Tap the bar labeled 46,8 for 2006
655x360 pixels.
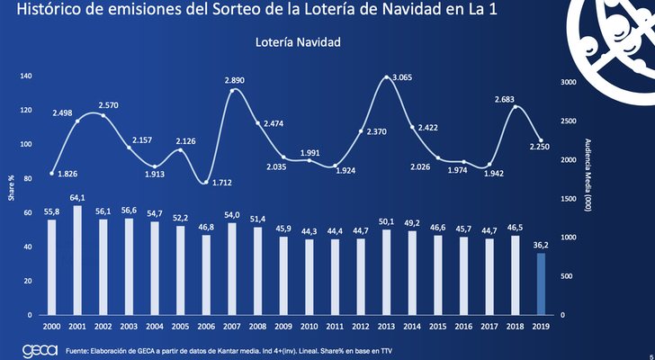coord(207,274)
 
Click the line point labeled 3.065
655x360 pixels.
coord(388,78)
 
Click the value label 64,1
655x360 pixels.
coord(77,197)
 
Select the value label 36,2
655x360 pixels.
coord(540,244)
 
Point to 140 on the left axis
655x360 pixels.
coord(25,76)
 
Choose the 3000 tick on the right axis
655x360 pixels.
coord(570,82)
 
